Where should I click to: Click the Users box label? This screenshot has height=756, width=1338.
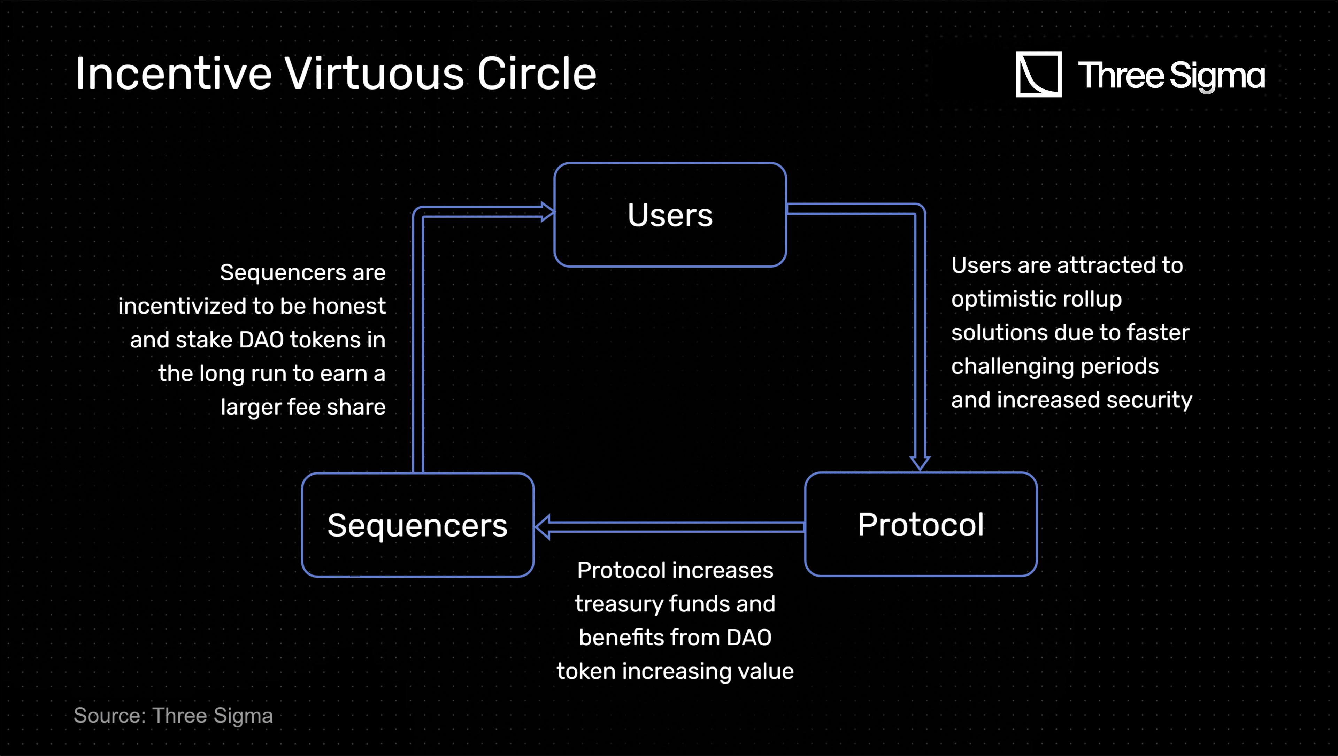tap(670, 215)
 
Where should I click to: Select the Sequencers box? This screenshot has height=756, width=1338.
tap(418, 525)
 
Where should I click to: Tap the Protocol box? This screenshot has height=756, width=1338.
tap(920, 524)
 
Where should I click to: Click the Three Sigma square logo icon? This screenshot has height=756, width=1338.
tap(1038, 74)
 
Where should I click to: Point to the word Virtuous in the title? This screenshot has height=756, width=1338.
tap(374, 74)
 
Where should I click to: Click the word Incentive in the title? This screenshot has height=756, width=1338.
tap(174, 74)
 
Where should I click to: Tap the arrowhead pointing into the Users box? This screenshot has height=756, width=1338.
tap(547, 212)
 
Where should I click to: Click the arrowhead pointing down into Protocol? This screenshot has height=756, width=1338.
tap(920, 462)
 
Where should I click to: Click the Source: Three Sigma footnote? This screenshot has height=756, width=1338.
tap(173, 716)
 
